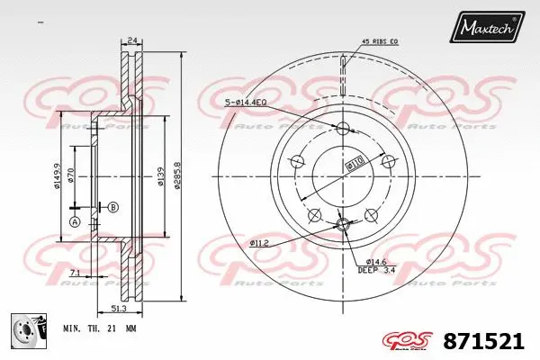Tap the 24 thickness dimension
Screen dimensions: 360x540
point(131,40)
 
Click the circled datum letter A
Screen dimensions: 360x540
point(74,222)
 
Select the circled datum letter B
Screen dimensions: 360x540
point(112,207)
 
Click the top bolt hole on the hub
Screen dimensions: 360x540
point(342,128)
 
